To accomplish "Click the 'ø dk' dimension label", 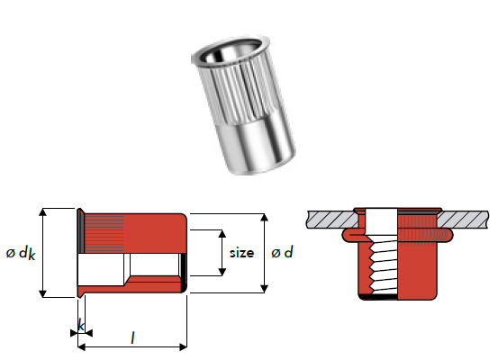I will (19, 254).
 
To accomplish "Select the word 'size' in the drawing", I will (242, 253).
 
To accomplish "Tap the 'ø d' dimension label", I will (283, 253).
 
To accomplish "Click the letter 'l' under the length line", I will (132, 337).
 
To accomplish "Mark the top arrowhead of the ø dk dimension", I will (42, 213).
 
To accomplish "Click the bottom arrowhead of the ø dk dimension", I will (42, 292).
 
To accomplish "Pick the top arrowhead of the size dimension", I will (222, 233).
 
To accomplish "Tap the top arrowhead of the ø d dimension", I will (264, 219).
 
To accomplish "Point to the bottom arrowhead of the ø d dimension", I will (264, 288).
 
